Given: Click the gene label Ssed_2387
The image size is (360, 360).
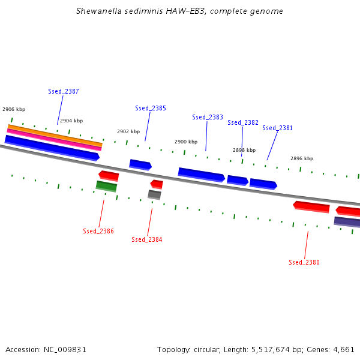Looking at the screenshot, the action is click(64, 91).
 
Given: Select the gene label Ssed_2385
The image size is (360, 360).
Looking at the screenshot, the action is click(151, 108).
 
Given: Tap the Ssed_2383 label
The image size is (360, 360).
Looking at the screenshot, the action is click(208, 117).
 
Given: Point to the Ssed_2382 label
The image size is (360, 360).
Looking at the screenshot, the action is click(243, 122).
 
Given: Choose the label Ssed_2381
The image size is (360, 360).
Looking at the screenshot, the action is click(278, 128).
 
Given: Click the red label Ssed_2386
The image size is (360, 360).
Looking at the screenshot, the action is click(98, 231).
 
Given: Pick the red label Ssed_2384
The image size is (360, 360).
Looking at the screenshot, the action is click(147, 239).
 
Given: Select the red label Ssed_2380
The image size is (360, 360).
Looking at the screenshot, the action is click(304, 262).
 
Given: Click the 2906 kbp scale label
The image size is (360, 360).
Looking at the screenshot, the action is click(14, 109).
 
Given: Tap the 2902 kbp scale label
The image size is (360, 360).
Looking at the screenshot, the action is click(128, 131).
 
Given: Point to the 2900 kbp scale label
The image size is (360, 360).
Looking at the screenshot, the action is click(186, 142).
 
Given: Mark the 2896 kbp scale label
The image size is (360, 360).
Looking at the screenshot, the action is click(302, 158).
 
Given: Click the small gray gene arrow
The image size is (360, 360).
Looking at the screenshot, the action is click(154, 194).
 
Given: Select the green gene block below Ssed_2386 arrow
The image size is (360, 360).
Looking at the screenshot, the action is click(106, 186).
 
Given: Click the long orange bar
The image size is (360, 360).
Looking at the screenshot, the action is click(55, 136).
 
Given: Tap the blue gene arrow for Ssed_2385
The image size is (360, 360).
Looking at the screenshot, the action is click(140, 164).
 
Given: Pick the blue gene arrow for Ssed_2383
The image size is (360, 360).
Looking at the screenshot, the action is click(201, 175).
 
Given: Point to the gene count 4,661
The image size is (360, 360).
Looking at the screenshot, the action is click(343, 349).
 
